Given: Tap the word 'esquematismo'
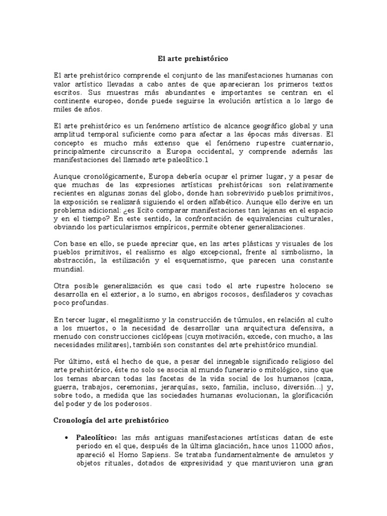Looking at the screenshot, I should coord(203,261).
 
